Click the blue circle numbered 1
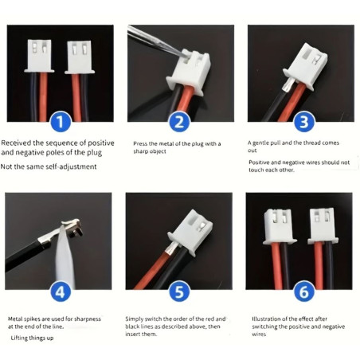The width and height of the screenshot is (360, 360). click(x=61, y=122)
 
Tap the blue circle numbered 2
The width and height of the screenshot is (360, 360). click(x=180, y=122)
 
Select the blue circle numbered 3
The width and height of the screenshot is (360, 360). click(x=303, y=122)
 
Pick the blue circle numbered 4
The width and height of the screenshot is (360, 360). click(x=61, y=292)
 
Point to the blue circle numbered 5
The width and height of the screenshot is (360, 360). click(x=180, y=292)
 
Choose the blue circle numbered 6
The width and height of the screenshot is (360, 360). click(x=303, y=292)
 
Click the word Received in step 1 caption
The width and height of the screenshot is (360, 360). click(x=16, y=143)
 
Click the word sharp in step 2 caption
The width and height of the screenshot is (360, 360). click(x=140, y=151)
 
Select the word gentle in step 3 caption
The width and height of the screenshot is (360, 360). click(x=261, y=143)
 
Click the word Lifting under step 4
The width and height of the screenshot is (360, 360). click(x=20, y=338)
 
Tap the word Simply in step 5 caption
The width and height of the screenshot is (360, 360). click(x=134, y=319)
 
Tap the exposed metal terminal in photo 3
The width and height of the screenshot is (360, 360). click(x=288, y=85)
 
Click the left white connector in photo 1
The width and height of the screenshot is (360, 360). click(x=39, y=56)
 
